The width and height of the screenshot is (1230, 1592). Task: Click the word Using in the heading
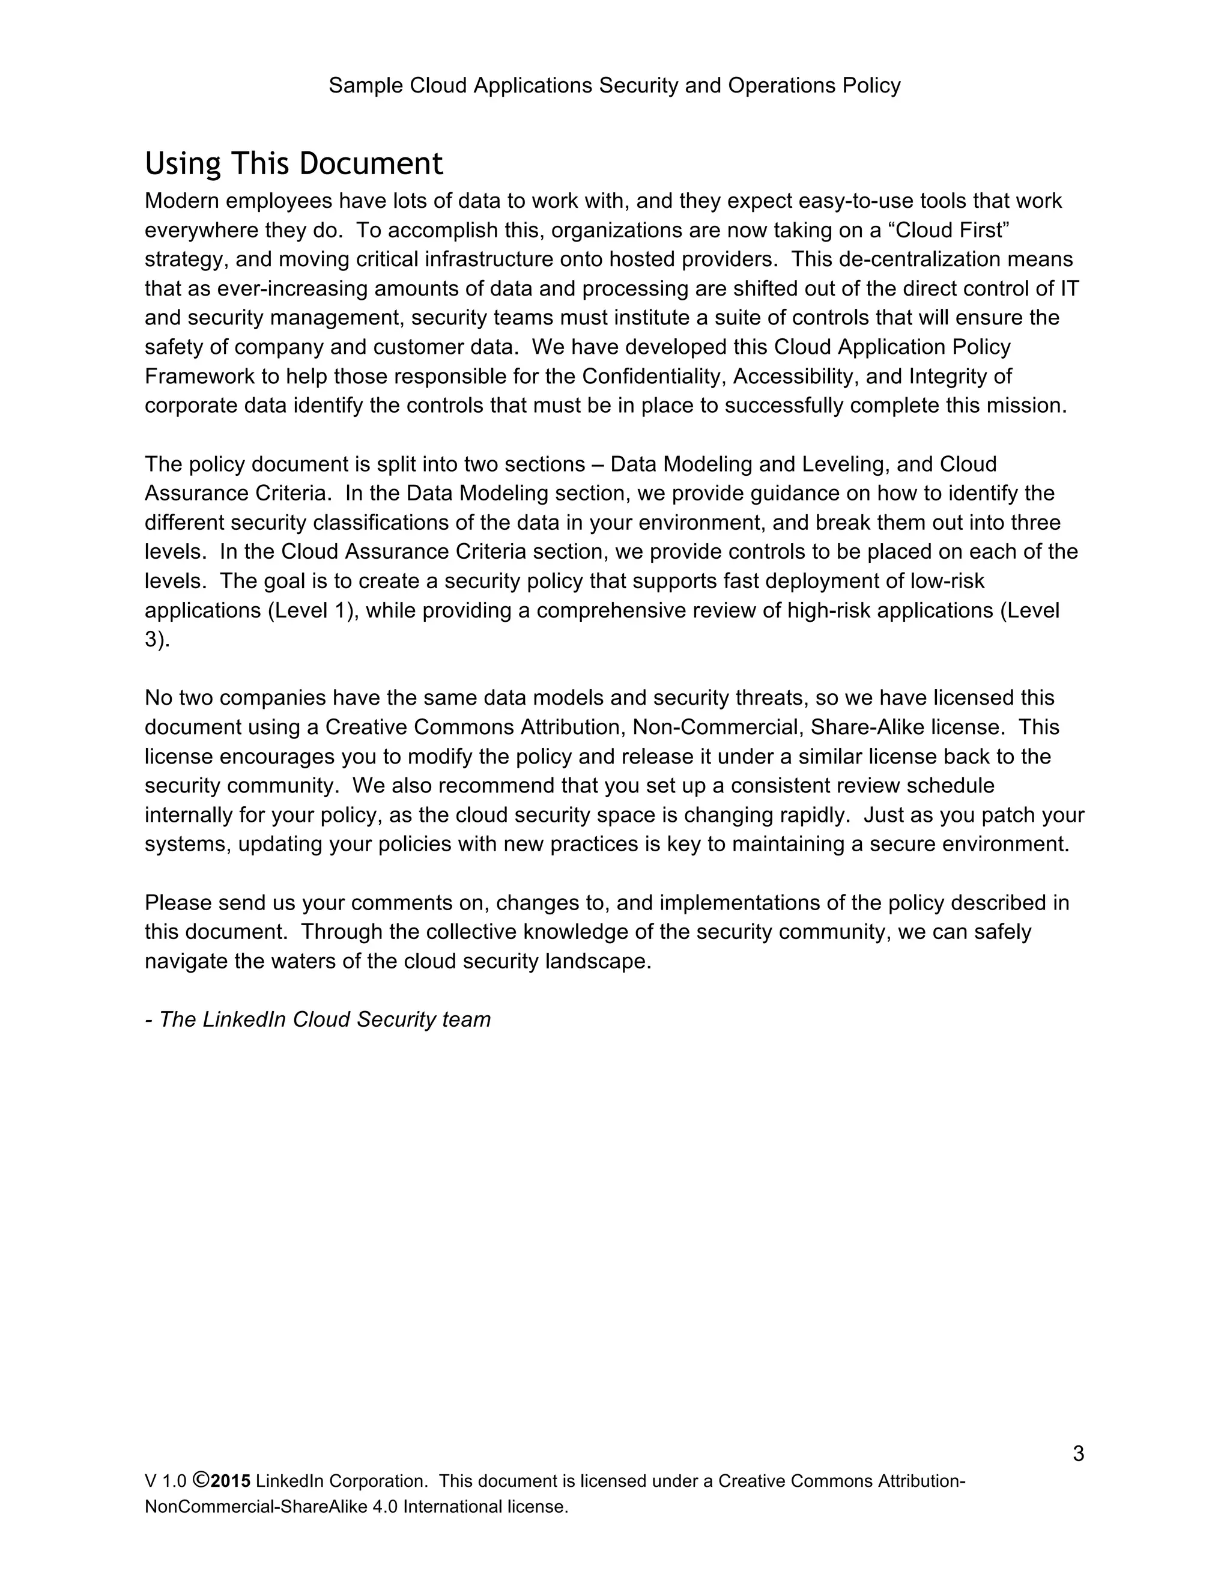182,165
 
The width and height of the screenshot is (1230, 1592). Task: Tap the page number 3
1079,1454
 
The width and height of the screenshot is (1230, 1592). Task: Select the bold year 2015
231,1482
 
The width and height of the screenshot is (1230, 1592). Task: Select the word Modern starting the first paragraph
182,201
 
